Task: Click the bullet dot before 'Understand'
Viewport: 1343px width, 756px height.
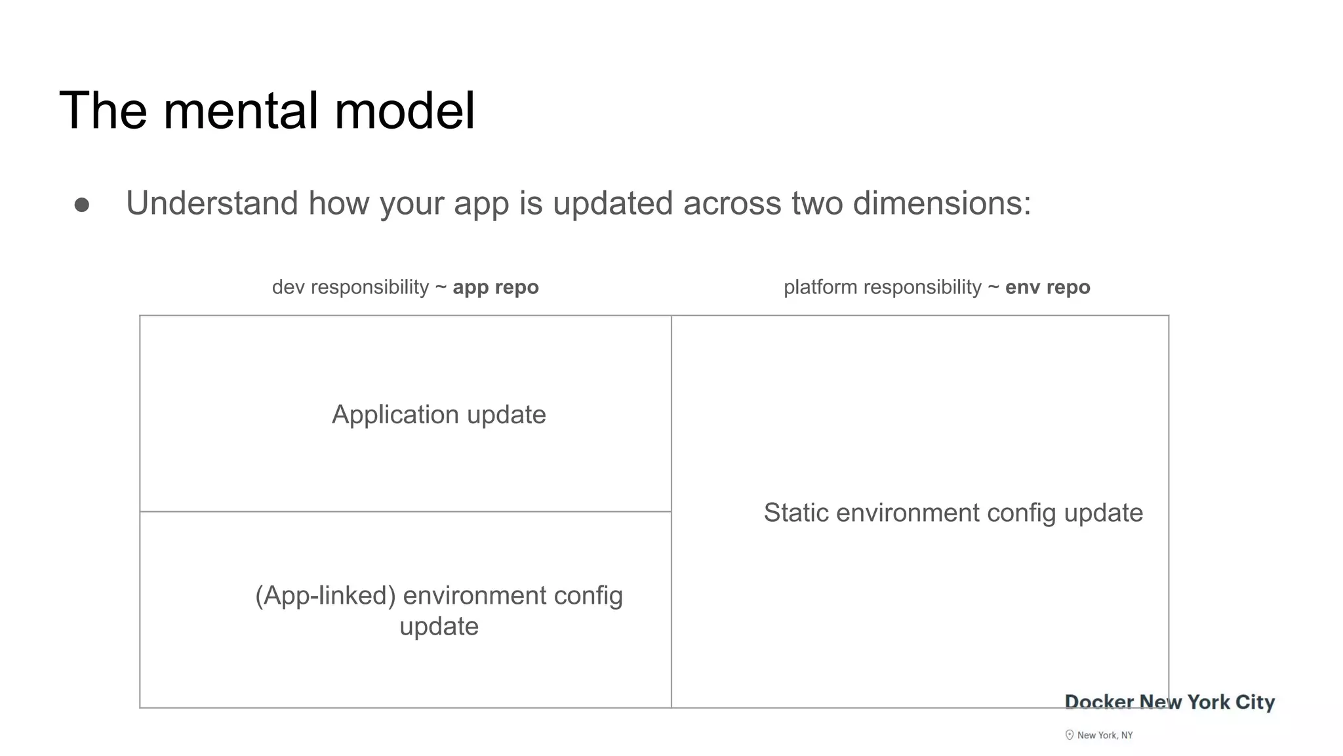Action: tap(82, 205)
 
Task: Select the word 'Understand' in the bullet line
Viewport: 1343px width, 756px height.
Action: tap(212, 203)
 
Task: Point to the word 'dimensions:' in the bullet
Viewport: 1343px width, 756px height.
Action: tap(942, 203)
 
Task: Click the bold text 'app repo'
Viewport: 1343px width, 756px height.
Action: tap(496, 287)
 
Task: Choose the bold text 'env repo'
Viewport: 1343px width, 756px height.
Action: tap(1047, 287)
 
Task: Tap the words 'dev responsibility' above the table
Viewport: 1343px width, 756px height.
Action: tap(350, 287)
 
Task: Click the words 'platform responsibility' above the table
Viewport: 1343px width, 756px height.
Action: tap(882, 287)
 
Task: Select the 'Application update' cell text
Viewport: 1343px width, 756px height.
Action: tap(439, 415)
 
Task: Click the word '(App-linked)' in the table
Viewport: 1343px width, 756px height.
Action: tap(325, 596)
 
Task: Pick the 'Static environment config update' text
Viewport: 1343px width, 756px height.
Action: tap(953, 513)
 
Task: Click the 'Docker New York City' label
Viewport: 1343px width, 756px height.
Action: tap(1169, 702)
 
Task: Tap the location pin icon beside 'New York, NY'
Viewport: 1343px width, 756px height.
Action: tap(1070, 735)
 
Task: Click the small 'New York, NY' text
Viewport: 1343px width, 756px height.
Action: tap(1105, 736)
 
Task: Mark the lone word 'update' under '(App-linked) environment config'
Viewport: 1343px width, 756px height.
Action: tap(439, 627)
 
